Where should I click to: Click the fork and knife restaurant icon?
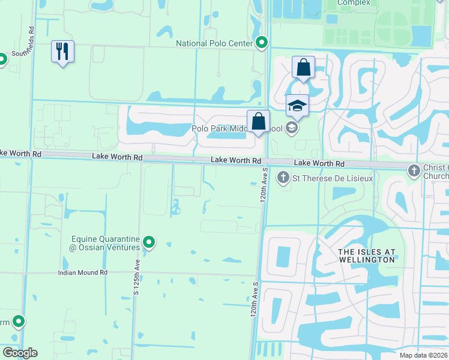click(62, 52)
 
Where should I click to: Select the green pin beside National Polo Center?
click(262, 43)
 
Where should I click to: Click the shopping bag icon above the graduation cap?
click(303, 67)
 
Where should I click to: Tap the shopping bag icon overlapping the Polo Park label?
click(258, 121)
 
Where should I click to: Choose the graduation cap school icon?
click(297, 106)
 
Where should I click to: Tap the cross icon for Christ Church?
click(414, 171)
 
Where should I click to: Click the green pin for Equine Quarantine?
click(149, 243)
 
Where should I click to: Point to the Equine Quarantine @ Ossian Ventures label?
click(106, 242)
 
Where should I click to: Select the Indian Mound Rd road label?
click(82, 272)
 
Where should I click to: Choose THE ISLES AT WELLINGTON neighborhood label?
click(360, 255)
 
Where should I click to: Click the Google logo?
click(20, 353)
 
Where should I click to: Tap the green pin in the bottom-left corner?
click(19, 322)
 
